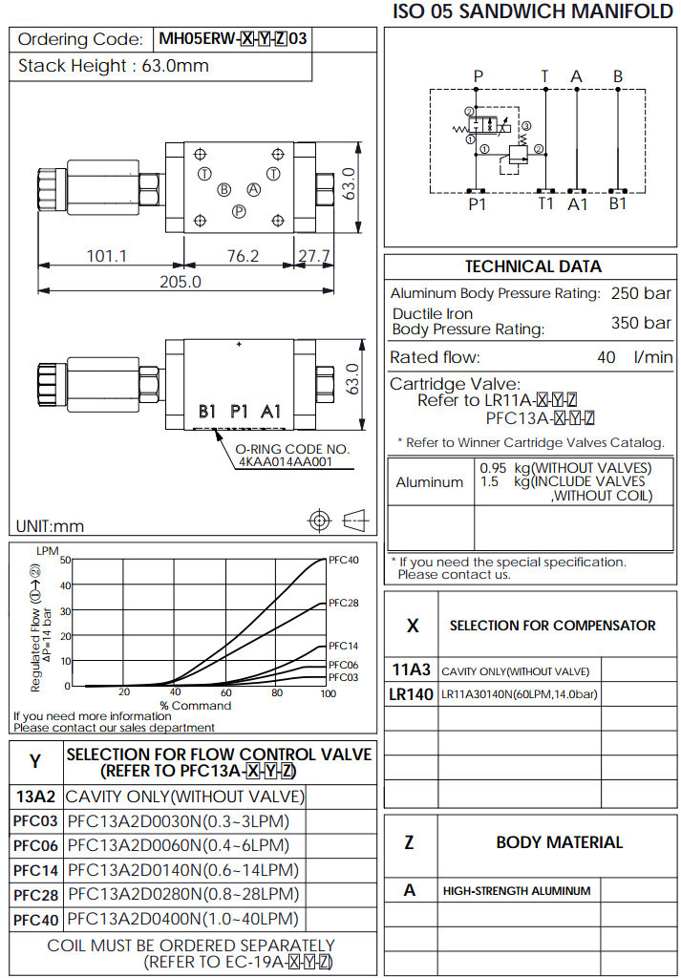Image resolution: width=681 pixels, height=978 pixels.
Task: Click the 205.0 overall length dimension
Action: pyautogui.click(x=181, y=282)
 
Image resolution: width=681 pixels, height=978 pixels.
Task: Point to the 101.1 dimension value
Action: pyautogui.click(x=107, y=256)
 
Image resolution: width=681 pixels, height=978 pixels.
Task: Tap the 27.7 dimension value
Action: pyautogui.click(x=313, y=256)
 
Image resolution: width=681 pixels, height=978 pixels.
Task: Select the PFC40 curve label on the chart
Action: pyautogui.click(x=343, y=560)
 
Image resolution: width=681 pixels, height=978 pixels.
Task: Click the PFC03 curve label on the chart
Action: pyautogui.click(x=343, y=677)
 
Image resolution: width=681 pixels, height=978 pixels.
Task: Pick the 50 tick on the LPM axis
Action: pyautogui.click(x=65, y=561)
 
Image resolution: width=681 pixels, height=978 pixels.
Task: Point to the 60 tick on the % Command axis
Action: pyautogui.click(x=225, y=693)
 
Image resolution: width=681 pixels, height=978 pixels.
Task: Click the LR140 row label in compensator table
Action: pyautogui.click(x=412, y=693)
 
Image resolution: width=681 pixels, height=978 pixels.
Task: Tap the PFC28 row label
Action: pyautogui.click(x=36, y=895)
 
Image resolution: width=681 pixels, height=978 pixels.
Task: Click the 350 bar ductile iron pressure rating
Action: pyautogui.click(x=641, y=323)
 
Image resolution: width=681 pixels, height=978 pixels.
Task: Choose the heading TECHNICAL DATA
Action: pyautogui.click(x=533, y=266)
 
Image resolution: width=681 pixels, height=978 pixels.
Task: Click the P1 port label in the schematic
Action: pyautogui.click(x=477, y=203)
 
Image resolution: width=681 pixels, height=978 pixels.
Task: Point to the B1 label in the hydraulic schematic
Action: pyautogui.click(x=618, y=203)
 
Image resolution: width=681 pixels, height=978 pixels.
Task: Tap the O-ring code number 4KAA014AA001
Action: pyautogui.click(x=286, y=462)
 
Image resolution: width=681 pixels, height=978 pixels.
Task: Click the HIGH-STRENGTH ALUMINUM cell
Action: pyautogui.click(x=517, y=891)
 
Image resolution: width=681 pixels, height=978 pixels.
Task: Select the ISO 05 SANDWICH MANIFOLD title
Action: pyautogui.click(x=533, y=12)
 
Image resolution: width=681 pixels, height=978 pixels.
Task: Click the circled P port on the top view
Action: pyautogui.click(x=239, y=210)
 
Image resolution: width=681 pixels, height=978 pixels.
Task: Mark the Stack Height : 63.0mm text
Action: pyautogui.click(x=114, y=66)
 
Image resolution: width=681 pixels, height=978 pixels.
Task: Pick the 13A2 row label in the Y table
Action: pyautogui.click(x=36, y=797)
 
